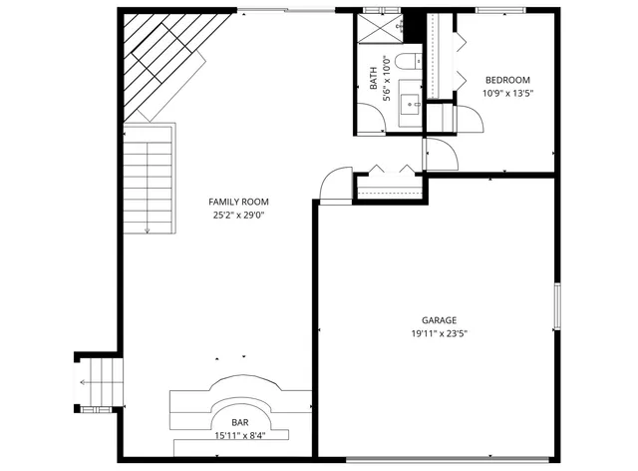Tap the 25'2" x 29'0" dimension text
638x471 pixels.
point(238,215)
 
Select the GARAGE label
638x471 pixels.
point(438,320)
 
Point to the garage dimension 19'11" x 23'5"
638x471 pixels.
point(438,333)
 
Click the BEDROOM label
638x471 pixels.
point(507,80)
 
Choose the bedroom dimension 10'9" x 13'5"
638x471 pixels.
point(507,93)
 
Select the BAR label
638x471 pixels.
point(240,422)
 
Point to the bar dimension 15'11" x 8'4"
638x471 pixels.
point(240,435)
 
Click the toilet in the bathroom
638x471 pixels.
point(409,63)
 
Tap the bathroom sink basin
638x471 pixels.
point(411,103)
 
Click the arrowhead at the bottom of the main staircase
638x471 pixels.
point(148,231)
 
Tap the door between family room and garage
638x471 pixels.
point(335,186)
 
